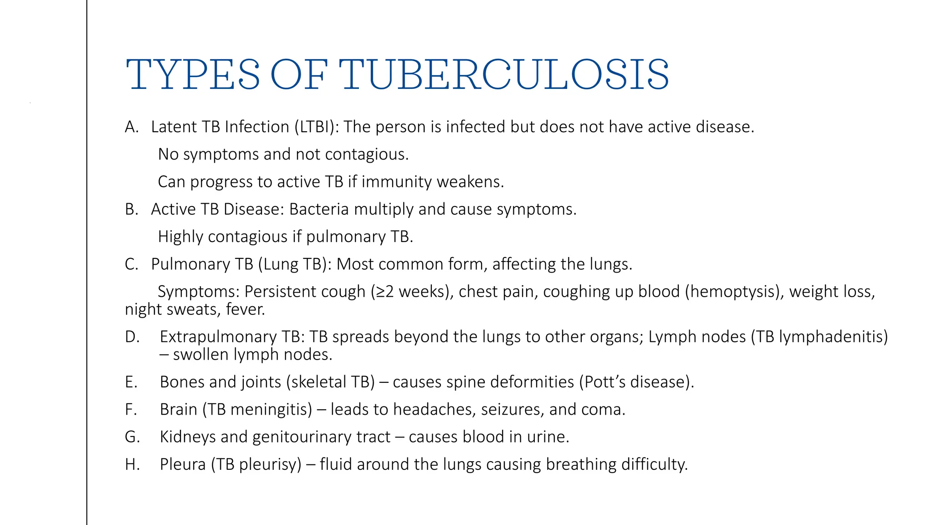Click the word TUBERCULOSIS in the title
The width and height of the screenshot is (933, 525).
[504, 74]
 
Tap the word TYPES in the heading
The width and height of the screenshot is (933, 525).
[193, 74]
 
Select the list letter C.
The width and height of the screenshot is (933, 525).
[131, 264]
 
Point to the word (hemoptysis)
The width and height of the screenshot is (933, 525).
[734, 292]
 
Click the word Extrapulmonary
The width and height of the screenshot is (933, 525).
[218, 337]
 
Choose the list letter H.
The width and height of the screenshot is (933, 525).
[132, 464]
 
